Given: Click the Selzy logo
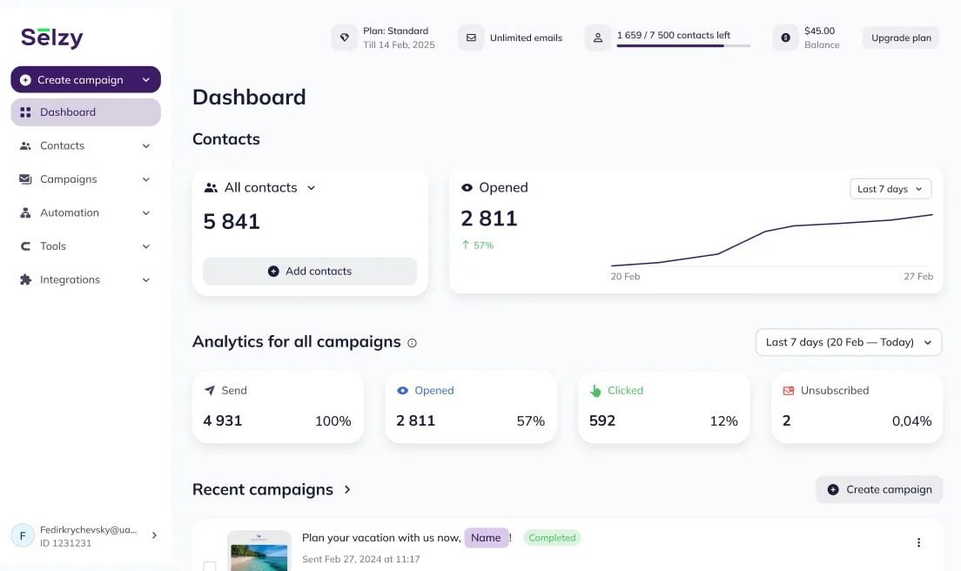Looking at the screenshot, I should coord(52,37).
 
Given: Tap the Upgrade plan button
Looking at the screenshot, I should coord(901,38).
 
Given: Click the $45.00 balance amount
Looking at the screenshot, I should coord(819,31).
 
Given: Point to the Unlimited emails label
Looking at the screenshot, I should coord(526,38).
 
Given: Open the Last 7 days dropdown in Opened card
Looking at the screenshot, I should coord(890,189).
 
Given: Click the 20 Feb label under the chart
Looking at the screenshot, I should coord(625,277).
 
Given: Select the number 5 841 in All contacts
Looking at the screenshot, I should coord(232,222).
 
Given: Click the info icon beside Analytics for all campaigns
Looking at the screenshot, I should coord(413,343).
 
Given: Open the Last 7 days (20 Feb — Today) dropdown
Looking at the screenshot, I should coord(848,343).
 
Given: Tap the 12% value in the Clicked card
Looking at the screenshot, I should coord(723,421).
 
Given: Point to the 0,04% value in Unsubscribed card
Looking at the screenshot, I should coord(911,421).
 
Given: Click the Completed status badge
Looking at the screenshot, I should coord(552,538).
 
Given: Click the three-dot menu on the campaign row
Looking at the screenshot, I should coord(918,543).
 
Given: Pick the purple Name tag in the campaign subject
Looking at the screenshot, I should coord(486,538).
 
